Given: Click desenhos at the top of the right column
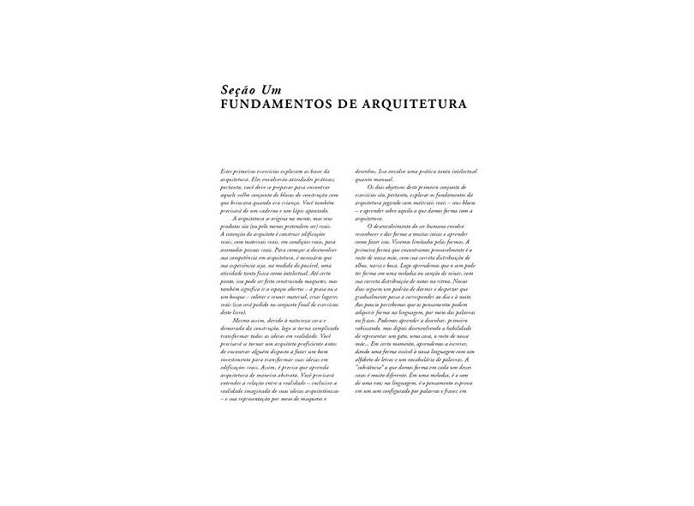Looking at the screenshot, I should (360, 172).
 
